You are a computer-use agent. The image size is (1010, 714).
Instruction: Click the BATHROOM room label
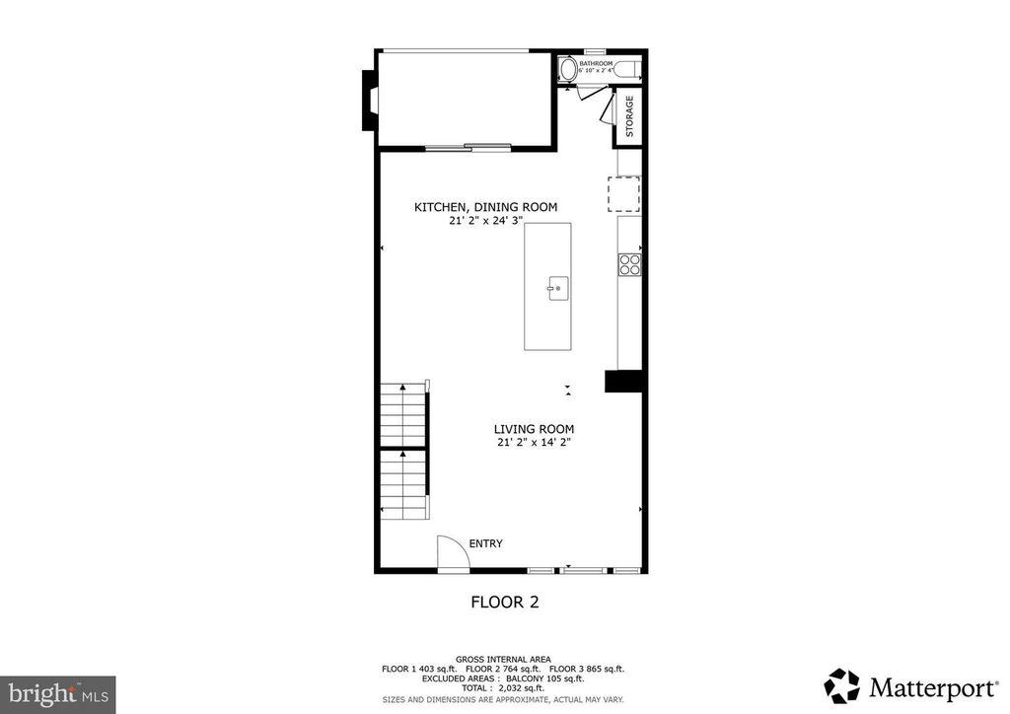point(596,63)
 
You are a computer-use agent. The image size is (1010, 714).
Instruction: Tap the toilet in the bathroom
point(568,70)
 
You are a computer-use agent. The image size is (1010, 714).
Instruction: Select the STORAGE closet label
point(629,117)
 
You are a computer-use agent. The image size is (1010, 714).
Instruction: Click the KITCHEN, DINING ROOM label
point(485,207)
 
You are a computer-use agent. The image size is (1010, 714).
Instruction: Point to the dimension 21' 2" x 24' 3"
point(485,221)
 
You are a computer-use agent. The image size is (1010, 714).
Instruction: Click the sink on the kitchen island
point(556,289)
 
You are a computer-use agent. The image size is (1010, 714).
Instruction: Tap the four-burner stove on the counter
point(629,263)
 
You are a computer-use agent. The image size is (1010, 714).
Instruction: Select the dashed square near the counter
point(623,193)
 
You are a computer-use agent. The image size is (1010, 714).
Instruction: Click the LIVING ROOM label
point(534,429)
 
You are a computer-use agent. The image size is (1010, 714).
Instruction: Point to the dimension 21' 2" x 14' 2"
point(534,443)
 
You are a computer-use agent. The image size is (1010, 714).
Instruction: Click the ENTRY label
point(485,543)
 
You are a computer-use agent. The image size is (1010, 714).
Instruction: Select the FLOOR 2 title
point(504,601)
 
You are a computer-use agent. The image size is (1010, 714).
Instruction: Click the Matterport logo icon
point(841,685)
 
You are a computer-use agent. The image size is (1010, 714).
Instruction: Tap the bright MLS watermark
point(58,694)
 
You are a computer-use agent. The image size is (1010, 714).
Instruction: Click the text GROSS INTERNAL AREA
point(503,659)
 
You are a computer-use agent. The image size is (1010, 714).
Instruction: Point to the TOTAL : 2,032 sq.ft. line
point(504,687)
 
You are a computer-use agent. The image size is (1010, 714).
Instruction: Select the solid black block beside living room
point(623,383)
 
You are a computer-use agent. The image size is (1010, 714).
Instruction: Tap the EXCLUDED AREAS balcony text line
point(504,678)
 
